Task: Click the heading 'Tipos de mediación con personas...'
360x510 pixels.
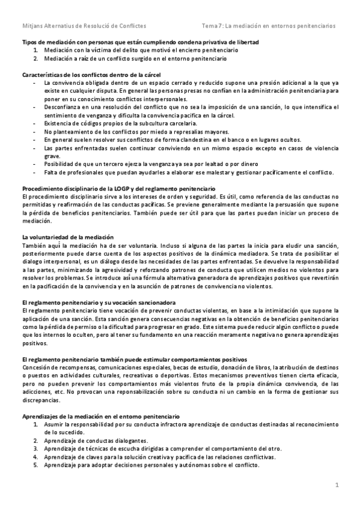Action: point(141,43)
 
